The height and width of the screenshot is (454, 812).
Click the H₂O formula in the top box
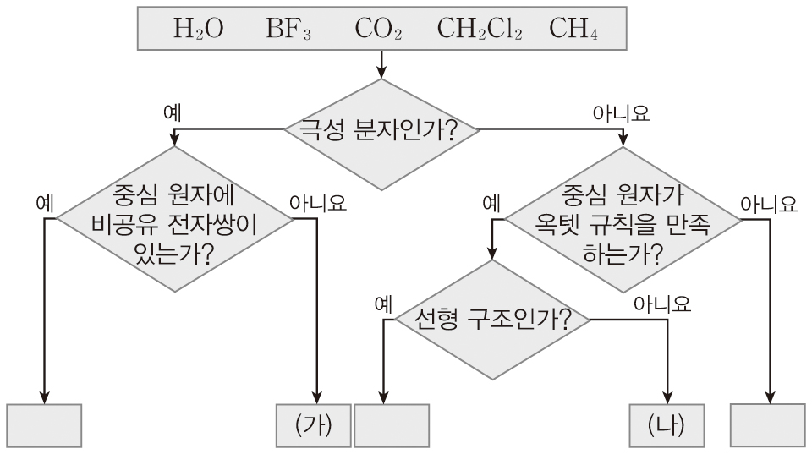199,30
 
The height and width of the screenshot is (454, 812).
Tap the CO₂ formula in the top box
377,30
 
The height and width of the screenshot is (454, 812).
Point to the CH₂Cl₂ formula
480,30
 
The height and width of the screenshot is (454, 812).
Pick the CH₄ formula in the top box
573,30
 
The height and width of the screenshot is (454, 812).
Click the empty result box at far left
45,425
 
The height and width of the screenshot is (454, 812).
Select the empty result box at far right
767,425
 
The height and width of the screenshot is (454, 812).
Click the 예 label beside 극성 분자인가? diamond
176,112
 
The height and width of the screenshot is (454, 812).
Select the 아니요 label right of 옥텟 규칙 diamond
768,203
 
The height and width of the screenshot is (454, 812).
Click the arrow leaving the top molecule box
381,63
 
